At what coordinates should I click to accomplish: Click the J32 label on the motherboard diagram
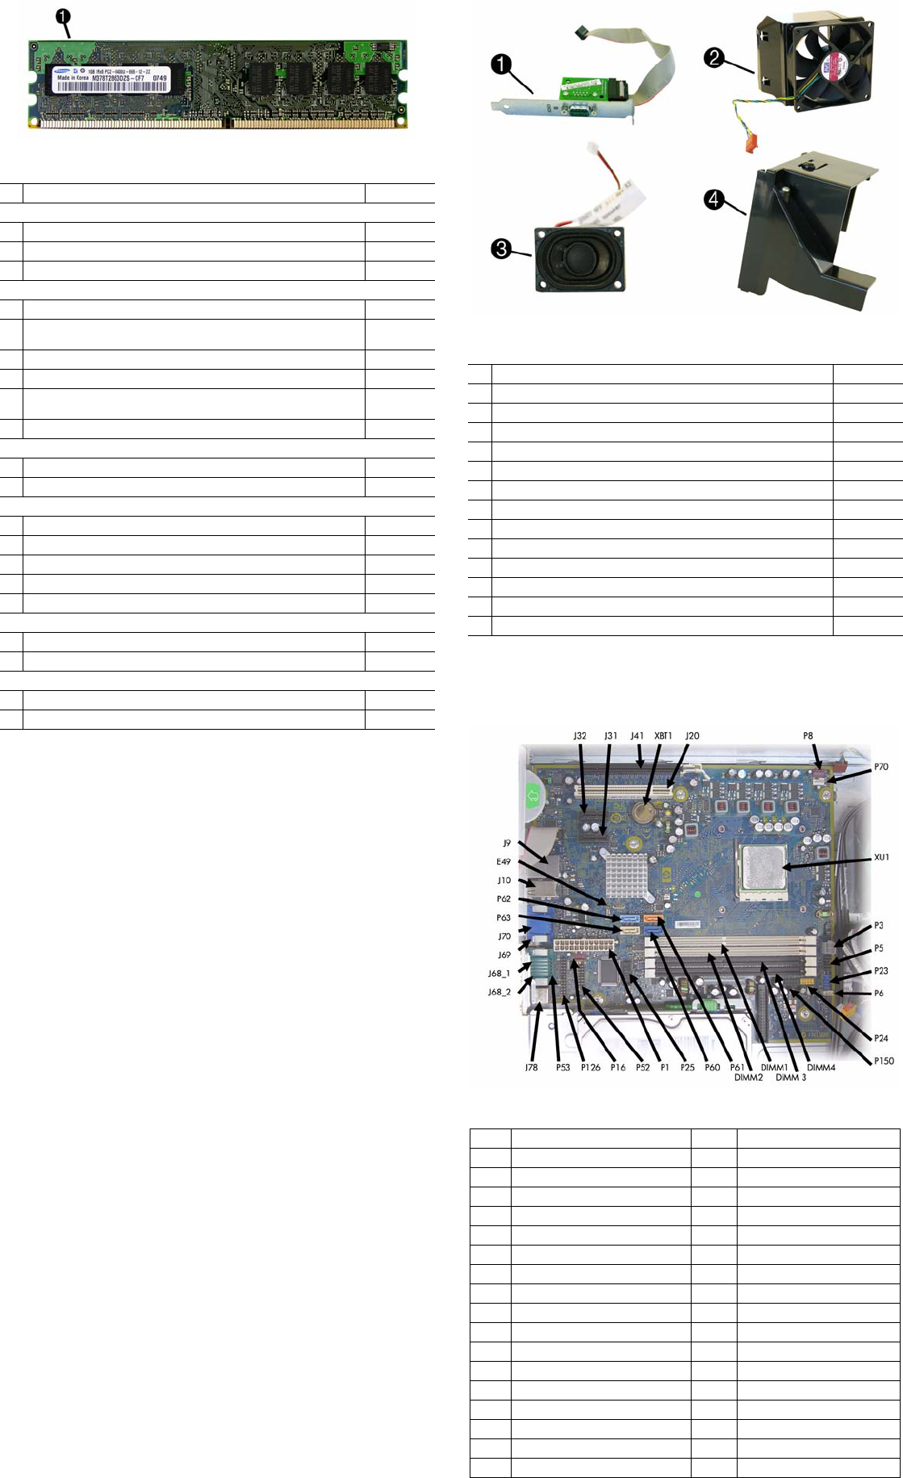[x=579, y=736]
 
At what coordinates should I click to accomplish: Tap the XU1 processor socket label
[x=881, y=857]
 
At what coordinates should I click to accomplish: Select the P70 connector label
[x=881, y=767]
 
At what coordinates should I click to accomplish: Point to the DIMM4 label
[x=821, y=1067]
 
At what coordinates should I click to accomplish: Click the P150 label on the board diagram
[x=884, y=1061]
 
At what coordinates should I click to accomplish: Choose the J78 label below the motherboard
[x=531, y=1067]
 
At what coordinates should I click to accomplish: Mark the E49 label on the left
[x=504, y=862]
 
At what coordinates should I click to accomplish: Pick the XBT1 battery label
[x=663, y=736]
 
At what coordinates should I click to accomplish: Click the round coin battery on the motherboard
[x=642, y=810]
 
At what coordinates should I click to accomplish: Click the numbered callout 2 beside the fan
[x=713, y=58]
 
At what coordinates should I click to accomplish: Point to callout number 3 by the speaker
[x=501, y=249]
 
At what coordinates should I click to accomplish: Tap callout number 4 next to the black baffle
[x=713, y=199]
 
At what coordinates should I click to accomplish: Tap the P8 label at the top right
[x=808, y=736]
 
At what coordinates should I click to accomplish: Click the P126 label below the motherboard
[x=591, y=1067]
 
